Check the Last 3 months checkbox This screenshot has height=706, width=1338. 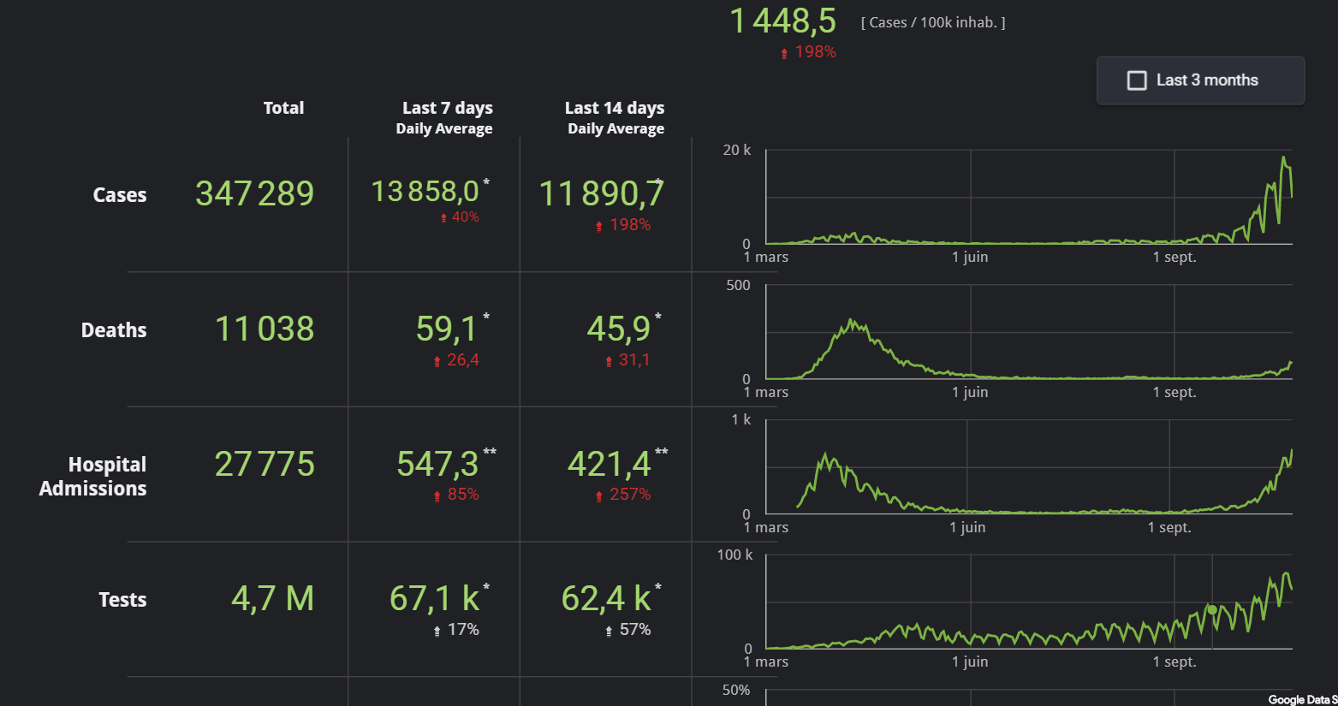click(x=1137, y=80)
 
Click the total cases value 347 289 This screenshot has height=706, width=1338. click(x=254, y=193)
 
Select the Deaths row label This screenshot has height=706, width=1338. click(x=114, y=330)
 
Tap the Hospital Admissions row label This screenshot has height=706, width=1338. click(x=93, y=477)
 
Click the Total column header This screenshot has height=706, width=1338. click(x=283, y=108)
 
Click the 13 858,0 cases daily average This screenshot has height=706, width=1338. click(x=425, y=192)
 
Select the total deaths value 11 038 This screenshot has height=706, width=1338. click(x=264, y=329)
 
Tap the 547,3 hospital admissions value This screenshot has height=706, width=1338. click(x=437, y=464)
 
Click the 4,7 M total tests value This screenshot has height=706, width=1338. click(x=272, y=598)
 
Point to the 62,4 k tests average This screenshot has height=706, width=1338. click(x=606, y=598)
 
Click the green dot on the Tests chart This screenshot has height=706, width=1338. click(x=1212, y=609)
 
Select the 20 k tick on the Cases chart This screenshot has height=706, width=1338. click(x=736, y=151)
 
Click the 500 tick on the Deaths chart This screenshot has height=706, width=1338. click(x=738, y=285)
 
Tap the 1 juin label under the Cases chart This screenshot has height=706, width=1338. click(x=970, y=257)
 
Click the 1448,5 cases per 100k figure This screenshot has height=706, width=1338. click(x=782, y=21)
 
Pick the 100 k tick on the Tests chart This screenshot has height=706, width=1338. click(x=734, y=555)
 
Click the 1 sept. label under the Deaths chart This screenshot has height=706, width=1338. click(x=1174, y=392)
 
